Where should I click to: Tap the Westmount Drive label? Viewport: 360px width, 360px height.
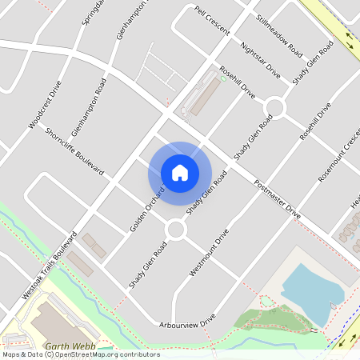click(x=210, y=253)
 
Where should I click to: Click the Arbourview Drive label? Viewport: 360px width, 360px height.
click(x=186, y=318)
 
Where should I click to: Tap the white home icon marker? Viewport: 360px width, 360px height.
click(x=180, y=173)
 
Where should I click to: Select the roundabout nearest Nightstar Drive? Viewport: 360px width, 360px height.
click(x=276, y=106)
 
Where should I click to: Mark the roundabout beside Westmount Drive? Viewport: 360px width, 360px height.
click(x=175, y=230)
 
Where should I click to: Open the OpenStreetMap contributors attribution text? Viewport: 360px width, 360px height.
click(x=82, y=354)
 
